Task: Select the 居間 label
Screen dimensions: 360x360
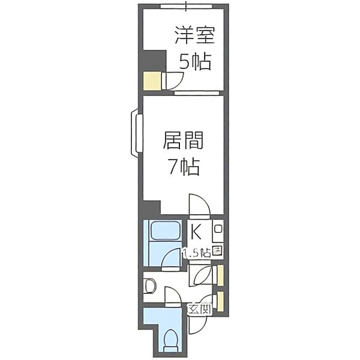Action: coord(183,142)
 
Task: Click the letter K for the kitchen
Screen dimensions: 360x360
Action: coord(196,230)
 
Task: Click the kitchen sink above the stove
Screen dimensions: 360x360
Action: coord(218,229)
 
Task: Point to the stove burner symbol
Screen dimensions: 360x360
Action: coord(217,252)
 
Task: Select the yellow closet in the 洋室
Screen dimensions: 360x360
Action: coord(151,80)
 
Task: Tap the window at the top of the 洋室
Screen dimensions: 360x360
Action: coord(186,7)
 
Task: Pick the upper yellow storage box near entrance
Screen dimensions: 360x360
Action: coord(221,275)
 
